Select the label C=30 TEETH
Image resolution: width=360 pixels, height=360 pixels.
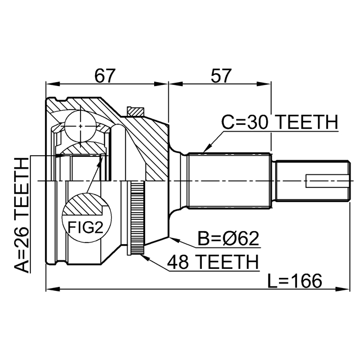click(x=279, y=122)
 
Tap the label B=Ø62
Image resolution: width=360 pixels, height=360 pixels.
click(x=228, y=240)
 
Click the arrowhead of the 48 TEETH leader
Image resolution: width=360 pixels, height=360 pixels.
click(x=144, y=256)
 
